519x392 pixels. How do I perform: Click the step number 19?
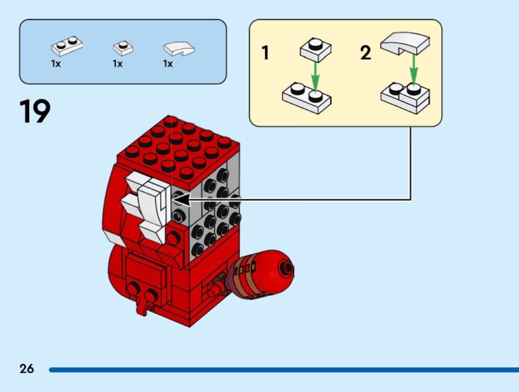point(35,111)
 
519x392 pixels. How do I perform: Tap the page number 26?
point(27,368)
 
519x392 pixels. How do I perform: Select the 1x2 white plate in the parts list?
point(67,45)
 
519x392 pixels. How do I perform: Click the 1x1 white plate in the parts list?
point(123,48)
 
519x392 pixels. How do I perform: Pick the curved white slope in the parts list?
point(179,48)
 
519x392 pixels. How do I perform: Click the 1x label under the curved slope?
point(168,64)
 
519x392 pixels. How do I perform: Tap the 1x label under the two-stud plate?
point(56,64)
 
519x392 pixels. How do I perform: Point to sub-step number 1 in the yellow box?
point(265,52)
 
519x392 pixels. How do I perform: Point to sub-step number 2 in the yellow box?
point(365,53)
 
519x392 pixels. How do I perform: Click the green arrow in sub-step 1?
point(315,78)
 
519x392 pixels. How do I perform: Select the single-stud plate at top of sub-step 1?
point(315,49)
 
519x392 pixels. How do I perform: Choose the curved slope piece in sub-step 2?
point(405,44)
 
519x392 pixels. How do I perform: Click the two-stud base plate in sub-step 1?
point(306,98)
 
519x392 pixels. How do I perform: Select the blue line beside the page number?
point(284,370)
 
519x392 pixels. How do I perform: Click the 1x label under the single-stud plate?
point(118,64)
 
